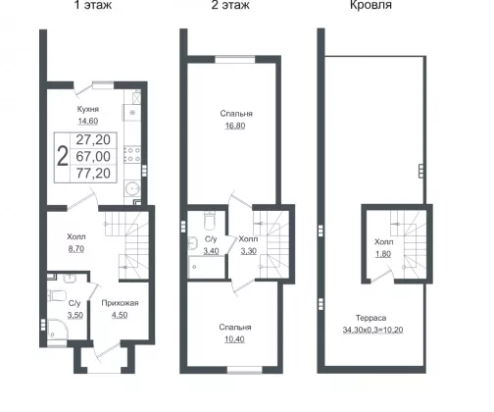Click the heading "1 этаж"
(x=93, y=5)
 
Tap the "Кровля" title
(x=370, y=5)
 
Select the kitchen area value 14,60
(x=88, y=121)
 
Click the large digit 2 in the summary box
(x=63, y=156)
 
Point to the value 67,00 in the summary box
(x=93, y=157)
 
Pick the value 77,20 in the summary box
(x=93, y=174)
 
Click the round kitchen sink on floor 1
(x=133, y=188)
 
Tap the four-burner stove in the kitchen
(x=132, y=154)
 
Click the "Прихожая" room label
(x=120, y=303)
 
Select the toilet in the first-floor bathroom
(x=57, y=295)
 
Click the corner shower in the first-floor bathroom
(x=58, y=330)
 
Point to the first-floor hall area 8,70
(x=76, y=249)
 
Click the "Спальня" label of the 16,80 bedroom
(x=236, y=114)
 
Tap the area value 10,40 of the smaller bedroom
(x=234, y=339)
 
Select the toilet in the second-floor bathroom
(x=209, y=221)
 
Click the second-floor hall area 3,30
(x=249, y=251)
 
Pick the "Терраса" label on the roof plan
(x=370, y=318)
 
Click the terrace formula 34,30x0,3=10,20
(x=372, y=330)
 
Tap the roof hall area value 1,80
(x=383, y=254)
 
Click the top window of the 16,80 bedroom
(x=235, y=59)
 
